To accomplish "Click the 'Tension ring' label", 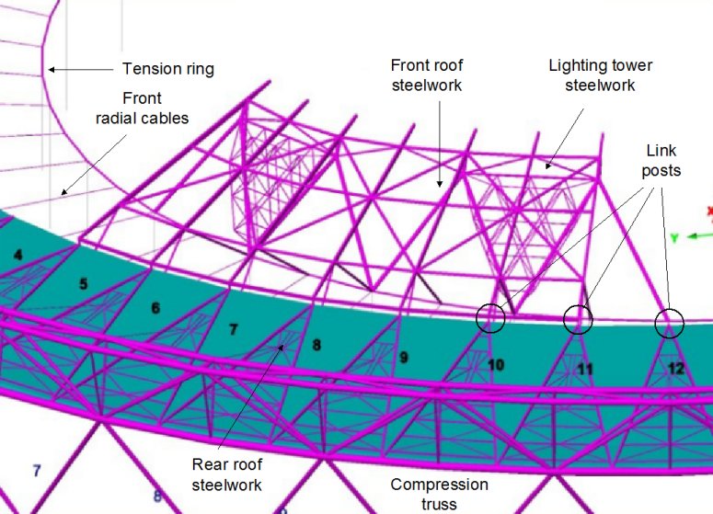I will (x=167, y=69).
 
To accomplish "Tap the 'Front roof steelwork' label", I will (x=427, y=74).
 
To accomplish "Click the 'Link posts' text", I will (x=662, y=161).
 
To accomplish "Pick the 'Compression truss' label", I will (x=439, y=494).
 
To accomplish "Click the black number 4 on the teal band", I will (x=17, y=254).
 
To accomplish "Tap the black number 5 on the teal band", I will (x=83, y=284).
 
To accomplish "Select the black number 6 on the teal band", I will (x=155, y=308).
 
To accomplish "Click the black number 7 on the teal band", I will (x=234, y=328).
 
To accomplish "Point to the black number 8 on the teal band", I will (x=317, y=346).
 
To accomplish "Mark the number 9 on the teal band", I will (x=403, y=358).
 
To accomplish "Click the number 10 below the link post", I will (x=496, y=365).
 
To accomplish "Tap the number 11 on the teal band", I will (x=585, y=370).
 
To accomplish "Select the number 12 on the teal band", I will (x=676, y=369).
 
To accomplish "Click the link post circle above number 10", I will (x=491, y=317).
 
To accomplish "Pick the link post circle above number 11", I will (x=579, y=318).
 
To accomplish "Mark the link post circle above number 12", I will (x=669, y=324).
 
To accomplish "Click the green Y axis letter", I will (x=674, y=238).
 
